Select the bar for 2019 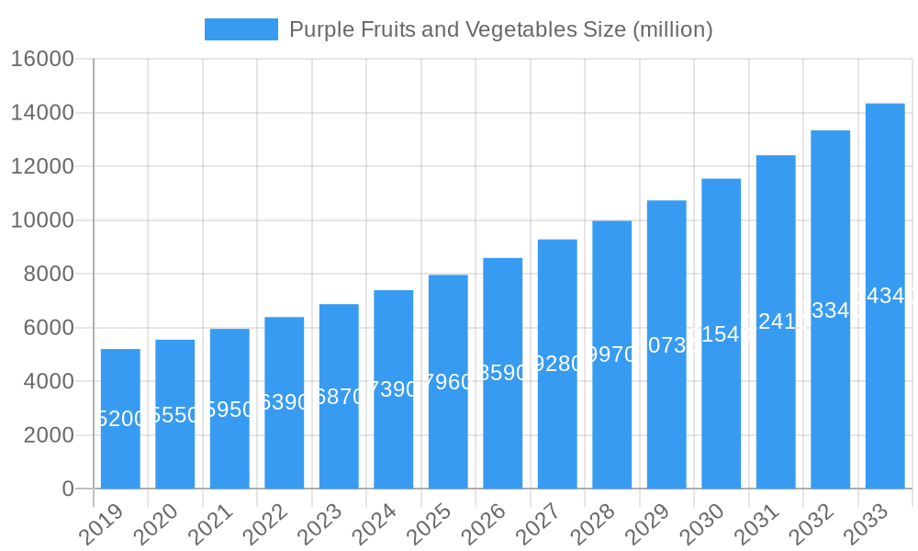click(120, 419)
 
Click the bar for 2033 click(885, 296)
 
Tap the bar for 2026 click(503, 373)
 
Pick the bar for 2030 click(722, 333)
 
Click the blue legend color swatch click(241, 29)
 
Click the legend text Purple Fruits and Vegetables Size click(500, 29)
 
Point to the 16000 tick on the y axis click(42, 60)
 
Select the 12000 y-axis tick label click(42, 167)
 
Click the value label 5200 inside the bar click(120, 419)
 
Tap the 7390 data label click(394, 389)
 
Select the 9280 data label click(557, 364)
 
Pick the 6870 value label click(339, 397)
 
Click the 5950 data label click(229, 410)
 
